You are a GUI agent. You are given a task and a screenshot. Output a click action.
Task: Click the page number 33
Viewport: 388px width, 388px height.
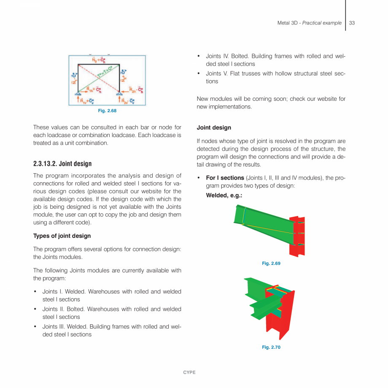pos(352,23)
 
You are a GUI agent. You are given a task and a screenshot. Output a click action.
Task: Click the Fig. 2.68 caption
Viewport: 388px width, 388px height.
pos(107,111)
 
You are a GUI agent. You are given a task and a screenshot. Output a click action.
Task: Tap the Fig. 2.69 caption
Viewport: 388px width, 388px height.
pos(271,263)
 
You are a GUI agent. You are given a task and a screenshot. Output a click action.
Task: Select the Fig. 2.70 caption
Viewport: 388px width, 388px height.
pos(271,347)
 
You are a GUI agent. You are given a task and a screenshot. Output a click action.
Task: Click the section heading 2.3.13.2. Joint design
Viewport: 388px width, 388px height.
pos(62,164)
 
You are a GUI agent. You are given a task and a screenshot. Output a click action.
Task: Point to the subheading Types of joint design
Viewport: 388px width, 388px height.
pos(62,236)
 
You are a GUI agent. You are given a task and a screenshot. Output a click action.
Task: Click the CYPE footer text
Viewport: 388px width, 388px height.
pos(189,372)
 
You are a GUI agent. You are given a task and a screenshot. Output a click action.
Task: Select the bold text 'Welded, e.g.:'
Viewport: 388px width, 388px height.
pos(224,195)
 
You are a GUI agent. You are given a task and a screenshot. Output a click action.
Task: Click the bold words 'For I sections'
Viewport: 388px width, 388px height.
pos(225,178)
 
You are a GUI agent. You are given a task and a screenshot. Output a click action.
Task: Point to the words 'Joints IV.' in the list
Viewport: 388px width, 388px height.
pos(218,56)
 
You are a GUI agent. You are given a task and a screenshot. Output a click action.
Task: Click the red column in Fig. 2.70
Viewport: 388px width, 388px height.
pos(278,321)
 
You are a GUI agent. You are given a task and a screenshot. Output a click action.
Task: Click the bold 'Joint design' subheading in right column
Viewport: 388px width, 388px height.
pos(214,127)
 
